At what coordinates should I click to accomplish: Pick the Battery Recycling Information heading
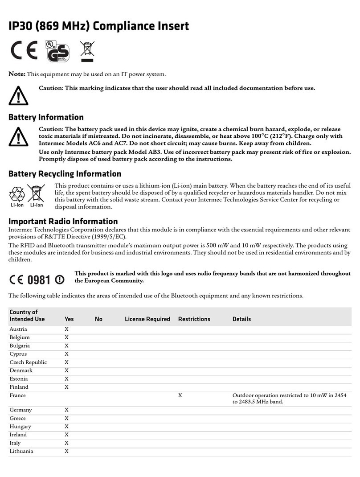click(65, 173)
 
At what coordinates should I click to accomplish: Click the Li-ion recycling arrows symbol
click(17, 193)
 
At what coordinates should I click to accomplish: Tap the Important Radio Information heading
click(63, 221)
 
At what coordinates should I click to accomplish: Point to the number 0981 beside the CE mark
click(39, 280)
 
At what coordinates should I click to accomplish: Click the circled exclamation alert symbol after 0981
click(59, 280)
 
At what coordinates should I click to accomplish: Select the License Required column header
click(147, 319)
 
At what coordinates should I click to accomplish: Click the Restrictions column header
click(194, 319)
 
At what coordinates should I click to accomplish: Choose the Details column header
click(241, 319)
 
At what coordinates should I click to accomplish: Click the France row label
click(17, 395)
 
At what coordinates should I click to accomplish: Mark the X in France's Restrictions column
click(180, 395)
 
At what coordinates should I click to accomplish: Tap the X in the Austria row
click(66, 329)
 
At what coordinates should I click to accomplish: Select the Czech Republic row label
click(28, 362)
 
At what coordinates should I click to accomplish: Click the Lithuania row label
click(21, 451)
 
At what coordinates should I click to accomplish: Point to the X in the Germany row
click(66, 410)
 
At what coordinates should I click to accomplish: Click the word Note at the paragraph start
click(17, 74)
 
